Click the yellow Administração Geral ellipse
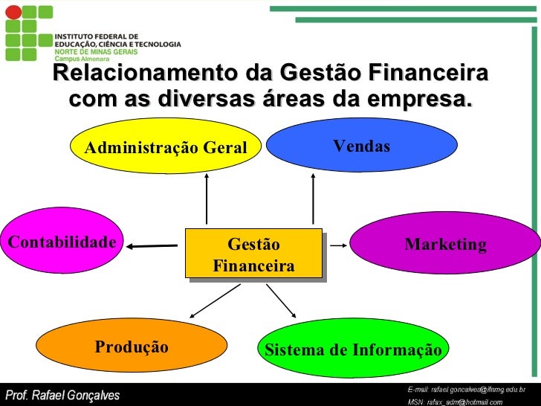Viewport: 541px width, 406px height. (x=165, y=146)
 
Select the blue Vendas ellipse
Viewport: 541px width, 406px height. (x=361, y=146)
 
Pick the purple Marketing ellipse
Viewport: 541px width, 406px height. (x=445, y=244)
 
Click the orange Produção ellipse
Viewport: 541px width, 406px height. (x=132, y=348)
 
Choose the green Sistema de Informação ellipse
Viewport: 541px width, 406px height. (x=353, y=349)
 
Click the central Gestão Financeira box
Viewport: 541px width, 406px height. (x=253, y=254)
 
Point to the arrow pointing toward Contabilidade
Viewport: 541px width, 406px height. (x=157, y=245)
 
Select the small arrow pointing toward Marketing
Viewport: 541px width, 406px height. (x=338, y=244)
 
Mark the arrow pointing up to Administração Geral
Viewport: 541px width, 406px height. (x=207, y=199)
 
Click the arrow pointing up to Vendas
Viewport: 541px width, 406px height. (x=313, y=199)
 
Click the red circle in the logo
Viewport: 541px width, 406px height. (x=12, y=12)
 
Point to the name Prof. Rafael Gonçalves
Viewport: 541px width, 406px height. (x=62, y=395)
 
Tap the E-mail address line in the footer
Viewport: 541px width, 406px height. (x=467, y=390)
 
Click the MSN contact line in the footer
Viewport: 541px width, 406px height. (x=461, y=402)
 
